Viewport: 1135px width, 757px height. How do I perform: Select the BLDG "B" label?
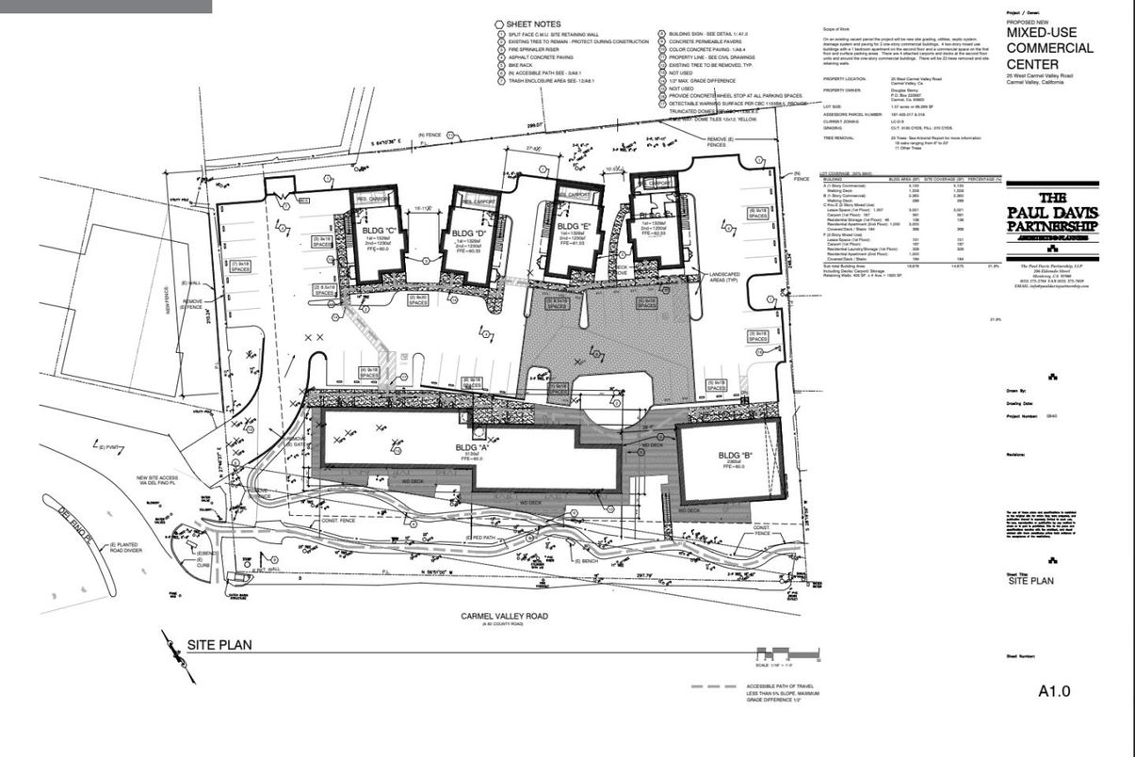point(731,459)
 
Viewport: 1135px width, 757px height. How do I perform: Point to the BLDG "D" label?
point(469,233)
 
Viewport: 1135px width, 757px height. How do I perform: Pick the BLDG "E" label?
point(574,227)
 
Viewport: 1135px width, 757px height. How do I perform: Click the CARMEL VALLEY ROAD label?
point(504,617)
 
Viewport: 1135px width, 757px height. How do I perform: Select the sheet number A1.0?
point(1053,691)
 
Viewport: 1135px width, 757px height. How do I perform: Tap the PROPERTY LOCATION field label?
point(844,78)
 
